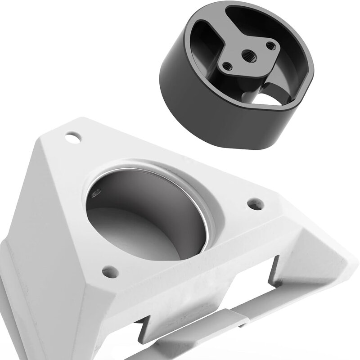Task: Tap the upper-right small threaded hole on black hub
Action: [x=270, y=45]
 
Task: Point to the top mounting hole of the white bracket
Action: [x=72, y=136]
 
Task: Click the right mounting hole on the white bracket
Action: [x=256, y=204]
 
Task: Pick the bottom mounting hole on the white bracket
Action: [x=110, y=272]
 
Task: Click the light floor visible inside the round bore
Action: [x=135, y=238]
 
